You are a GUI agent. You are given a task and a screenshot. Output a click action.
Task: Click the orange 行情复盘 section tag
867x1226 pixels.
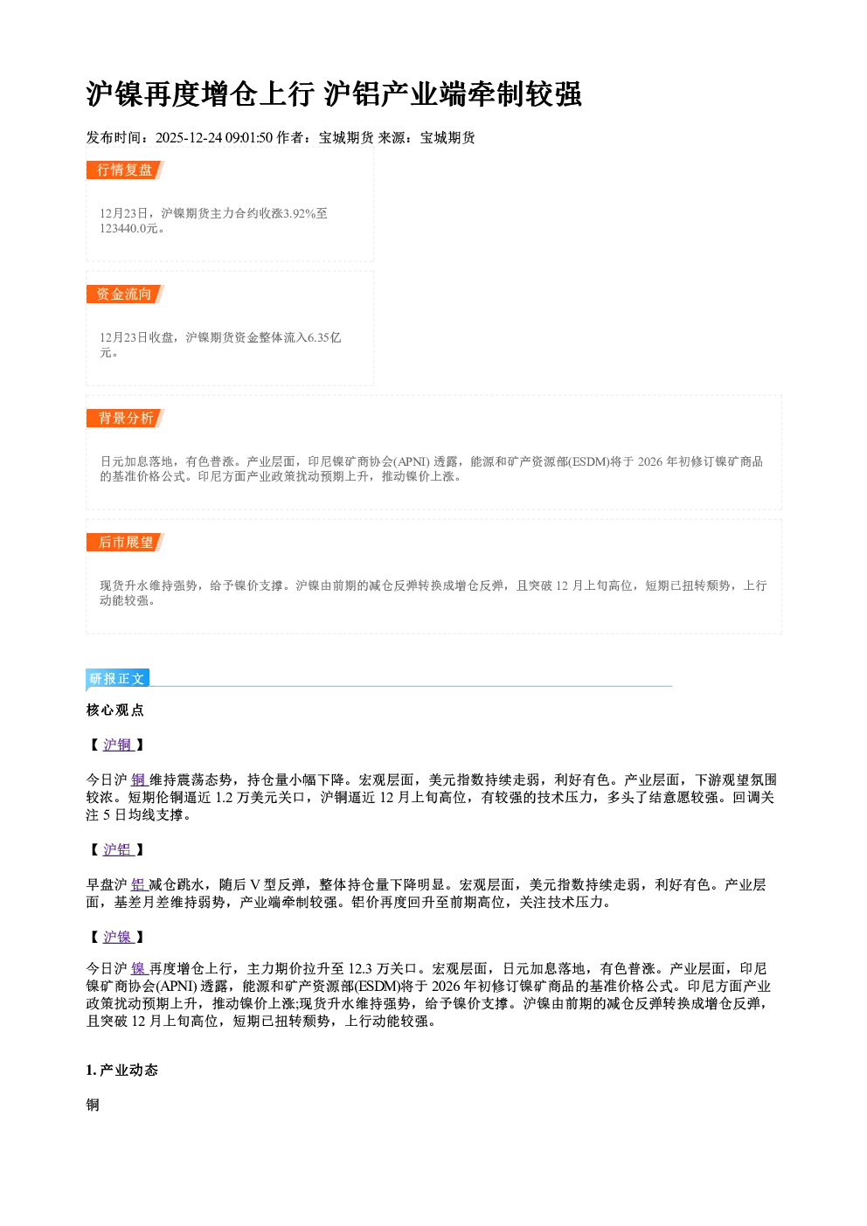(x=125, y=170)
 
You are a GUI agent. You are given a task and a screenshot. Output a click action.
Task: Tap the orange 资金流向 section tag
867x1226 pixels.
(x=125, y=294)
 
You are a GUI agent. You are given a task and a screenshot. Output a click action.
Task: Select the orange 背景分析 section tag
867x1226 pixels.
(x=125, y=419)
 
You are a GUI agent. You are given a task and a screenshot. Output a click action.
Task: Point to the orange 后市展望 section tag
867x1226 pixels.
(x=125, y=543)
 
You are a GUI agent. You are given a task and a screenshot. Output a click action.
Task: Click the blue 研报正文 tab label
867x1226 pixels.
(x=117, y=679)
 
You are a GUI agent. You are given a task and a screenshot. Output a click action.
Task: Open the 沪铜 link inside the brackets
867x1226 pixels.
(x=118, y=745)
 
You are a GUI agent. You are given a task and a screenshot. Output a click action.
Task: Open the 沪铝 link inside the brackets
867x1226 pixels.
(x=118, y=849)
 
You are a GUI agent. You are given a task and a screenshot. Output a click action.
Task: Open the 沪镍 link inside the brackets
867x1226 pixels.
(x=118, y=937)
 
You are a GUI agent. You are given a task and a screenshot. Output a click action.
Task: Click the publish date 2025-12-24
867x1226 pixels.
(x=189, y=137)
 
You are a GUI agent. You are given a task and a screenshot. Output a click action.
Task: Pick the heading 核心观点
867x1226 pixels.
(x=115, y=710)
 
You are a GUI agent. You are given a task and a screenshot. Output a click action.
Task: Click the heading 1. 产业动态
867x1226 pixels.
(x=122, y=1070)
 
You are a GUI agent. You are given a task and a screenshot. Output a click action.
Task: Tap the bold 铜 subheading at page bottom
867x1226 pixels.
(x=93, y=1105)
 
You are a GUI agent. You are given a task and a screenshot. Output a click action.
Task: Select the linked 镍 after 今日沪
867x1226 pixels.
(x=139, y=969)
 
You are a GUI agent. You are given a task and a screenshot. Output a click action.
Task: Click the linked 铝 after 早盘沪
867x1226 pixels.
(x=139, y=884)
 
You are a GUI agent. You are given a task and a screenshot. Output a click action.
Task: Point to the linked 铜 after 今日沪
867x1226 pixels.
(x=139, y=780)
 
